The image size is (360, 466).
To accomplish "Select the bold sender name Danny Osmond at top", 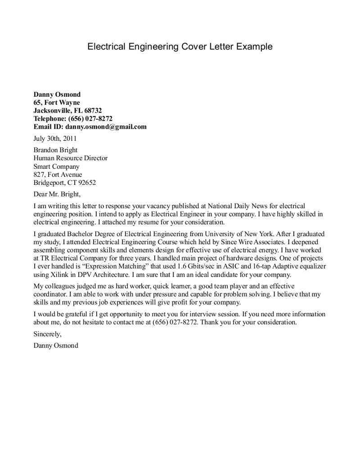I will (x=57, y=94).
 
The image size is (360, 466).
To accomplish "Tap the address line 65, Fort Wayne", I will (x=57, y=103).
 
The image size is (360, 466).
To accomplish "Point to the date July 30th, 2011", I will (x=55, y=139).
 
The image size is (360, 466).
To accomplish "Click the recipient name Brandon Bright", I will (x=56, y=150).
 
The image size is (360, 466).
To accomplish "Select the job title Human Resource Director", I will (x=71, y=158).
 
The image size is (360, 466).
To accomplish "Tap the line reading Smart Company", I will (x=56, y=166).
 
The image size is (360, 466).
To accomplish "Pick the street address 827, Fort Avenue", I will (x=58, y=175).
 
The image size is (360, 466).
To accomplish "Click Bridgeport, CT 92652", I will (x=65, y=183).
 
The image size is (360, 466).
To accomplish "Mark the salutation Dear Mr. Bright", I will (x=57, y=194).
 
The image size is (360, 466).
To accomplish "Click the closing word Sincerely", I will (x=47, y=334).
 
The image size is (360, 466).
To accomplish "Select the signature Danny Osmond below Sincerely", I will (x=56, y=346).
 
